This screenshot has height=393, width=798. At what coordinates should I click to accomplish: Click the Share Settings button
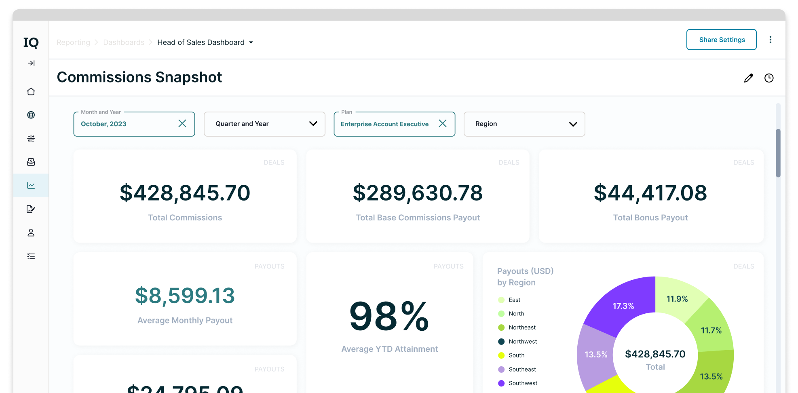click(721, 40)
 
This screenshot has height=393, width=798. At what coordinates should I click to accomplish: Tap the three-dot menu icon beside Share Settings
click(770, 40)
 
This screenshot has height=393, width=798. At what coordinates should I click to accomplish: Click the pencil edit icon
click(748, 78)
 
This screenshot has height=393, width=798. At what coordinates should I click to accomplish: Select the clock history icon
click(769, 78)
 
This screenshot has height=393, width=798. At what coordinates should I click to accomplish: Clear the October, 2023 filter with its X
click(182, 124)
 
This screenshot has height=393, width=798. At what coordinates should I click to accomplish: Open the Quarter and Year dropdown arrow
click(313, 124)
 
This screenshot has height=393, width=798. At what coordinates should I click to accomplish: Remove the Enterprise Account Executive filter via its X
click(443, 124)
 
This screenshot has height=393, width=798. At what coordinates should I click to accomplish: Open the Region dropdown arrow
click(573, 124)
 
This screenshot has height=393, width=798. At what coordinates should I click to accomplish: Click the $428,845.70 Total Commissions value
click(185, 193)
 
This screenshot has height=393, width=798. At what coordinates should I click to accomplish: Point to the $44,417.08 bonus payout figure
click(650, 193)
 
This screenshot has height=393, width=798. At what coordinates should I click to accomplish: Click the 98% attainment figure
click(389, 317)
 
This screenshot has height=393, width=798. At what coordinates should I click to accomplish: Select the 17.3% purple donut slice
click(623, 306)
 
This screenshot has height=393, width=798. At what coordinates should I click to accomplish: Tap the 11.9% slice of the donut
click(677, 299)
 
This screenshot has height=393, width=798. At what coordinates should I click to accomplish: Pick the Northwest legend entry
click(523, 342)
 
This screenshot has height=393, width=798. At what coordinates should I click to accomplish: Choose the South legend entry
click(516, 355)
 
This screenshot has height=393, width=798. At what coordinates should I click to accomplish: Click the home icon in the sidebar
click(31, 92)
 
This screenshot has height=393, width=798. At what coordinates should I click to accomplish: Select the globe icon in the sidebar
click(31, 115)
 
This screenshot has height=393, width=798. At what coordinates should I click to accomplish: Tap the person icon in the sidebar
click(31, 232)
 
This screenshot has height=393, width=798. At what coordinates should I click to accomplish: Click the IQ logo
click(31, 42)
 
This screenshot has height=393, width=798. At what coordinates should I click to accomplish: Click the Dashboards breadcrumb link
click(124, 42)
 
